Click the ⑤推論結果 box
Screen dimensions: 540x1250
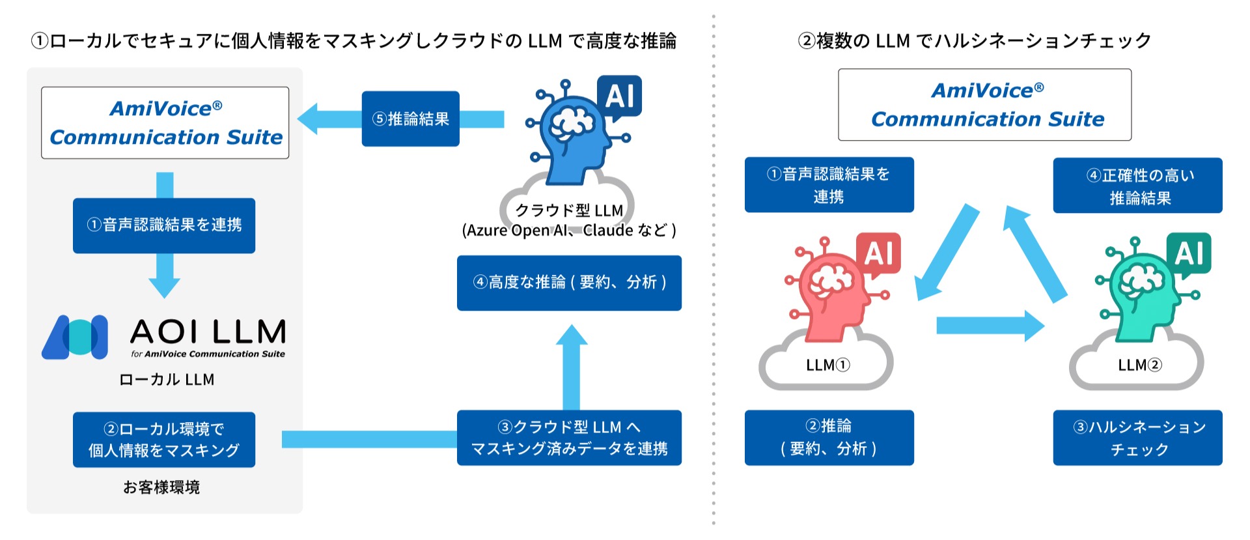click(x=410, y=119)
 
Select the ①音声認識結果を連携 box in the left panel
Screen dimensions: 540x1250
click(x=164, y=225)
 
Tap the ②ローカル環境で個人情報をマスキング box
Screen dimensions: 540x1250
click(x=164, y=440)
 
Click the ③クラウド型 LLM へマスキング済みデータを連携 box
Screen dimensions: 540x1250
click(x=569, y=438)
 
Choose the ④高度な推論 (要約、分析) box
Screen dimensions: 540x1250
click(x=569, y=283)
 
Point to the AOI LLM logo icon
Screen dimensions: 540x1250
click(x=76, y=337)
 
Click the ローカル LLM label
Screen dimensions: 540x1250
click(x=167, y=380)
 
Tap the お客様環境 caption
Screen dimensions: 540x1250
click(x=161, y=487)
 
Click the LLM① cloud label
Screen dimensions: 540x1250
click(x=827, y=365)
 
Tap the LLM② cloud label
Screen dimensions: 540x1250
click(x=1139, y=365)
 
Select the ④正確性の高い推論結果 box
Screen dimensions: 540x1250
click(x=1137, y=186)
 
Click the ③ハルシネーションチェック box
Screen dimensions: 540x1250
click(x=1137, y=438)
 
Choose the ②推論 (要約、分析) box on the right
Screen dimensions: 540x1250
click(x=829, y=438)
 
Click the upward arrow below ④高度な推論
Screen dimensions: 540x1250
click(x=572, y=368)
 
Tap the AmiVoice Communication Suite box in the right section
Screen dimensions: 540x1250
click(x=984, y=105)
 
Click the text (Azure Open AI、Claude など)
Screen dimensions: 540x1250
click(x=569, y=231)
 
